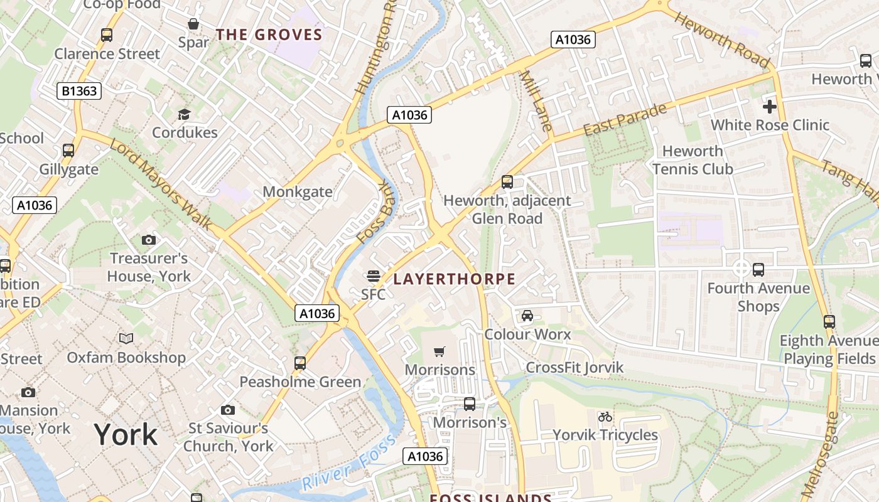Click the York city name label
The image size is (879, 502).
point(126,434)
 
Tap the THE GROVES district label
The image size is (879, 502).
point(269,35)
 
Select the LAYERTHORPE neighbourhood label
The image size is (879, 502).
point(454,279)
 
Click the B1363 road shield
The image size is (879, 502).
point(79,91)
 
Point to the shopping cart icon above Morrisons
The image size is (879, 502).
point(439,352)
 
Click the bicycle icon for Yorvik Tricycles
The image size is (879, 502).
point(605,417)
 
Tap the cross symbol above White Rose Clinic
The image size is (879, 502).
point(769,107)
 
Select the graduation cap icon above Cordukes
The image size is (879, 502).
point(184,114)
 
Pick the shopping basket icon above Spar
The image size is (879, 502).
point(193,24)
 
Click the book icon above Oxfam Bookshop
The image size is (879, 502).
point(126,339)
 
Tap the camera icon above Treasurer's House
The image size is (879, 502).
point(149,240)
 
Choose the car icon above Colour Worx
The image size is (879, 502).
point(527,316)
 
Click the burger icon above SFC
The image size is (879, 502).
point(374,276)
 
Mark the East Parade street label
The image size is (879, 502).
point(625,120)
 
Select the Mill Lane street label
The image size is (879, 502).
point(536,100)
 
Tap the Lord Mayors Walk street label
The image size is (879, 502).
point(161,184)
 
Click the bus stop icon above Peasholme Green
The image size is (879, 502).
point(300,363)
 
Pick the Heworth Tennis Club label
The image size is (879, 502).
point(693,160)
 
